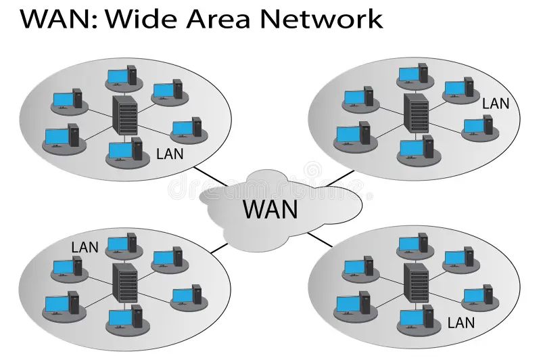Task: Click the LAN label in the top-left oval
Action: [170, 154]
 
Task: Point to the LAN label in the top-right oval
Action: [496, 104]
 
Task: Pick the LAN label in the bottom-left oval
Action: [85, 248]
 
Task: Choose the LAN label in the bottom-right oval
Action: [461, 323]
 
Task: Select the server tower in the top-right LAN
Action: [416, 113]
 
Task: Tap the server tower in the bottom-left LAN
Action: [125, 284]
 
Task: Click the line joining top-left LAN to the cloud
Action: [212, 177]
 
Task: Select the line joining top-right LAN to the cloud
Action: [339, 178]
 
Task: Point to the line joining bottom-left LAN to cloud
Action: [220, 247]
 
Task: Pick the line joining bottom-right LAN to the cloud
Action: [320, 239]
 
